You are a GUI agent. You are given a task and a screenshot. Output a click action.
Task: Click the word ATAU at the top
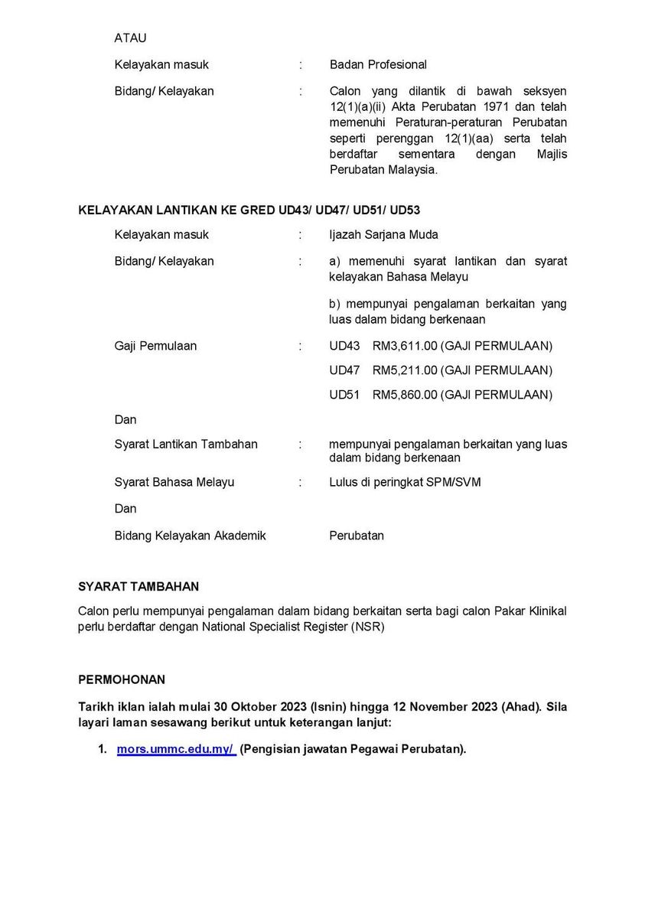click(x=130, y=37)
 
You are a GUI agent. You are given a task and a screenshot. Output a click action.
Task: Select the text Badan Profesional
click(x=378, y=64)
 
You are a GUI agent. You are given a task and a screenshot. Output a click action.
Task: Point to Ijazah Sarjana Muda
click(x=383, y=235)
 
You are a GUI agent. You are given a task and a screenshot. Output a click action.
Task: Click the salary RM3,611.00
click(x=405, y=346)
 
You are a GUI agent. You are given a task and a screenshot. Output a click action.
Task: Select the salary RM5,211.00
click(x=405, y=370)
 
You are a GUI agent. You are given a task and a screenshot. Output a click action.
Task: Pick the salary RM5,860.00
click(x=405, y=395)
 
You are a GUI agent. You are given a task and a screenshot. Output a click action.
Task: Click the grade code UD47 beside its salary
click(x=344, y=370)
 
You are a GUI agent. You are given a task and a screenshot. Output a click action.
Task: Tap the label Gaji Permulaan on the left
click(x=155, y=346)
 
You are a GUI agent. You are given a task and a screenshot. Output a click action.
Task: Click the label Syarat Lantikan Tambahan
click(x=186, y=444)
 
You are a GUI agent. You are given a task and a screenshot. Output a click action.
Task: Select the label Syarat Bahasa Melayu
click(x=174, y=482)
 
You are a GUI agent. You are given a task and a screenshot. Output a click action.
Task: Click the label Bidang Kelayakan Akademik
click(x=190, y=536)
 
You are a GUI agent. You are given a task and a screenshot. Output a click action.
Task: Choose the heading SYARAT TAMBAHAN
click(x=138, y=587)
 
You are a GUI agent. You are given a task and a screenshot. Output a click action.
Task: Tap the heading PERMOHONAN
click(x=122, y=679)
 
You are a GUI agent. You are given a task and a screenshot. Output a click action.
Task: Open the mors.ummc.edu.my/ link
click(x=176, y=750)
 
